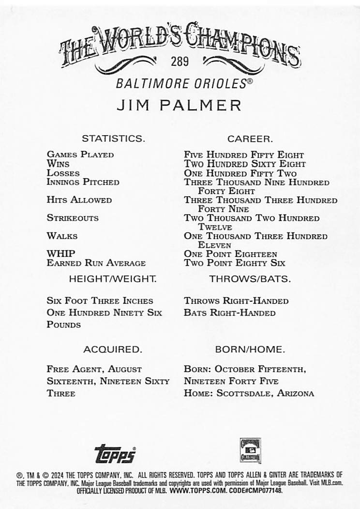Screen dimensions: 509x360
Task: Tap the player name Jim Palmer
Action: click(180, 105)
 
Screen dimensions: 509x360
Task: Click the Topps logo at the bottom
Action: click(115, 453)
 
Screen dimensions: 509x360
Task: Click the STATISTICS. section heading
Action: click(113, 139)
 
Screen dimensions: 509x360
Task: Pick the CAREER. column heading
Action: click(250, 139)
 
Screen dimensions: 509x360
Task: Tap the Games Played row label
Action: click(80, 155)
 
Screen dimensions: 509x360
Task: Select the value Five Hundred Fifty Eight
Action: click(244, 155)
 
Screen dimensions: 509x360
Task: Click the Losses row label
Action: click(63, 173)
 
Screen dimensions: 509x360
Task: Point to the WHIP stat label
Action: click(61, 253)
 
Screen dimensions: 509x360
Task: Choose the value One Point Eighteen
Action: click(230, 254)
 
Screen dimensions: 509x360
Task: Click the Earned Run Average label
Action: click(96, 263)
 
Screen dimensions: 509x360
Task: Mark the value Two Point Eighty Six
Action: click(234, 263)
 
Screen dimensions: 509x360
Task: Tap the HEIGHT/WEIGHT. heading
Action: click(113, 279)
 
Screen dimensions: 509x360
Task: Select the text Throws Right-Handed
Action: click(236, 301)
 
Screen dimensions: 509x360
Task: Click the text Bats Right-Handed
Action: click(229, 313)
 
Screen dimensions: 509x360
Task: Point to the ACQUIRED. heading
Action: click(113, 349)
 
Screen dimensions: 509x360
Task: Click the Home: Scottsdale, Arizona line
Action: click(249, 393)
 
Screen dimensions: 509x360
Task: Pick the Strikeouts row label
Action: click(73, 218)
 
